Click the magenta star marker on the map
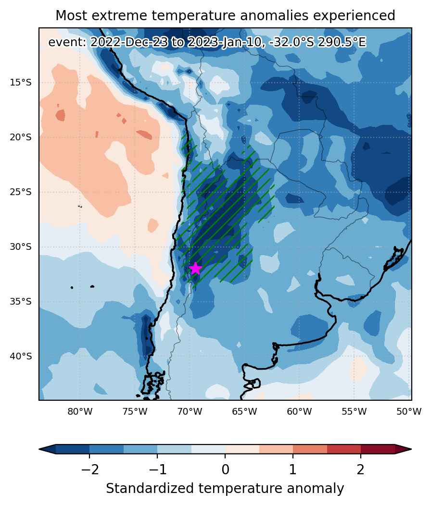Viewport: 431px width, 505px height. [195, 268]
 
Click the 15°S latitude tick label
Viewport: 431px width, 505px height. [21, 83]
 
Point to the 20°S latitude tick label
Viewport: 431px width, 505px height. [21, 137]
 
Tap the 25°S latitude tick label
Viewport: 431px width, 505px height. [21, 192]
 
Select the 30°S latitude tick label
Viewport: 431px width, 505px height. [21, 247]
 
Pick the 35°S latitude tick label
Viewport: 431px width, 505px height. [21, 302]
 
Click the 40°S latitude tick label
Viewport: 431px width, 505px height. [21, 357]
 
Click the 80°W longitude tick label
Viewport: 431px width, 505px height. [80, 412]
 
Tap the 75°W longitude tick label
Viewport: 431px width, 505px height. [135, 412]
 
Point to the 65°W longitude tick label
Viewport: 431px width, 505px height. [245, 412]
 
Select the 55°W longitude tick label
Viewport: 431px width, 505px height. [355, 412]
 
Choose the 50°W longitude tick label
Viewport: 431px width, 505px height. [409, 412]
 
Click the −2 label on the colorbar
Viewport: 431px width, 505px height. [89, 470]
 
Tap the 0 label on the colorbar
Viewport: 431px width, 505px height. [225, 470]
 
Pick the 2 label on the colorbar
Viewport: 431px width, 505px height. [361, 470]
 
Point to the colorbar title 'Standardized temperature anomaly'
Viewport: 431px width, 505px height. [225, 489]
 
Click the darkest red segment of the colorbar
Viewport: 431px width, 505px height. [378, 449]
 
